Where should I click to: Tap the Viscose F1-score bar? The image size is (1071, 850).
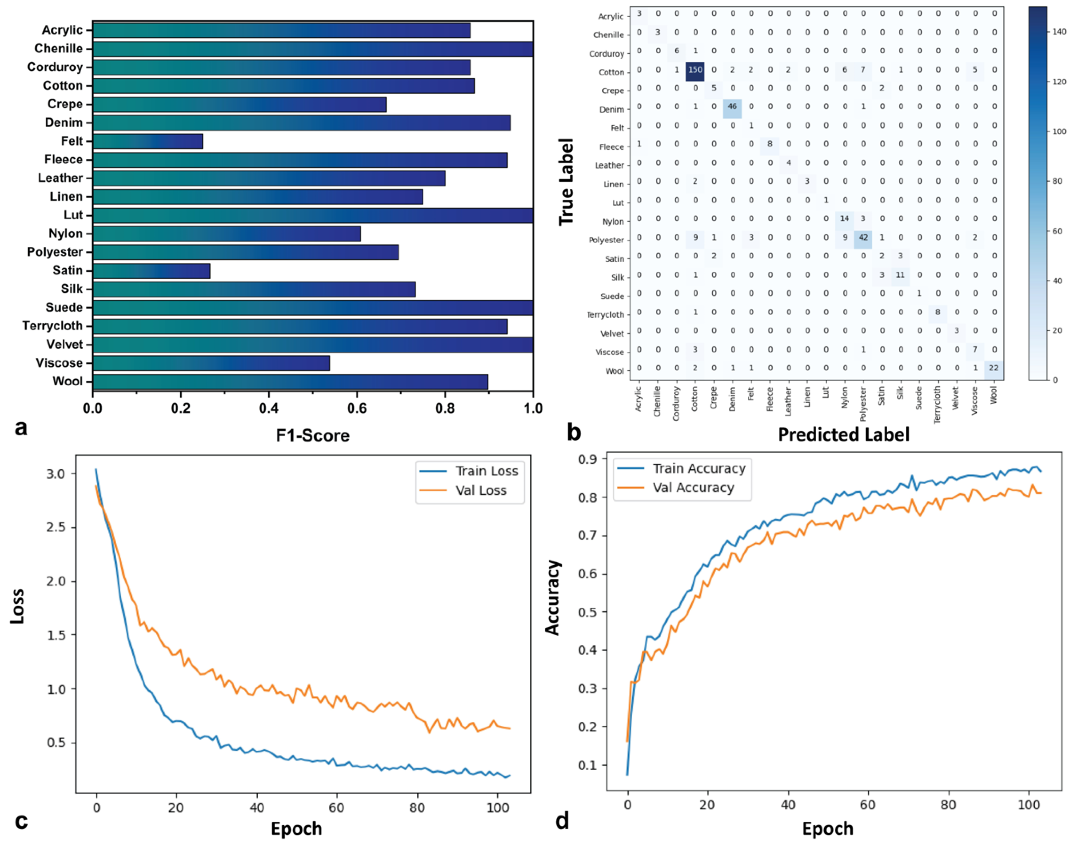click(x=211, y=363)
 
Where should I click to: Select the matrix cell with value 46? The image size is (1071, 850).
click(x=732, y=107)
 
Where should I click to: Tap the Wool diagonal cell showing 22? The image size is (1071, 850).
click(x=994, y=368)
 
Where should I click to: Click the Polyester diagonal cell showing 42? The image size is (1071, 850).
click(x=863, y=237)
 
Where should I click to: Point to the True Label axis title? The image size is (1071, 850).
click(x=566, y=182)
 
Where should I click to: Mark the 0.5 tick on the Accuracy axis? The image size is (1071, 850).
click(x=590, y=612)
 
